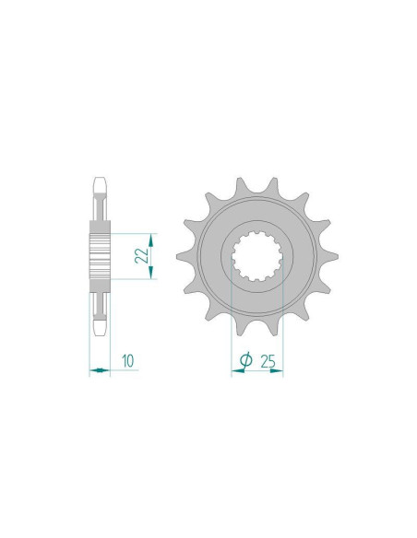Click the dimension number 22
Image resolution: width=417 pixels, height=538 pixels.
[x=140, y=255]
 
